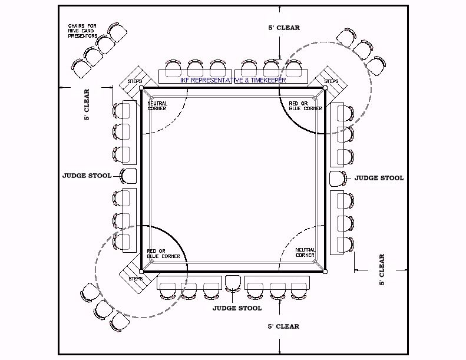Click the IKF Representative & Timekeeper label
[x=233, y=80]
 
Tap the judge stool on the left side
[x=128, y=175]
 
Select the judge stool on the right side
[x=336, y=177]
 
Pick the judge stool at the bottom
[x=233, y=283]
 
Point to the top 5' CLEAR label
[x=283, y=28]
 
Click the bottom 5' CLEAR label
[x=283, y=326]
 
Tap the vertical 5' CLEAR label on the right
[x=382, y=270]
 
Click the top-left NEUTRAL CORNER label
[x=157, y=106]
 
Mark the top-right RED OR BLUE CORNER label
[x=305, y=106]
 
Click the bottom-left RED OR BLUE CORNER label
[x=157, y=254]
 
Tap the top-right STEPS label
[x=331, y=81]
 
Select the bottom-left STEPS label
[x=135, y=278]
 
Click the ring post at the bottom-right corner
[x=325, y=272]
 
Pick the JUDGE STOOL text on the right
[x=379, y=177]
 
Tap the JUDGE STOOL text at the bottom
[x=237, y=308]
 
